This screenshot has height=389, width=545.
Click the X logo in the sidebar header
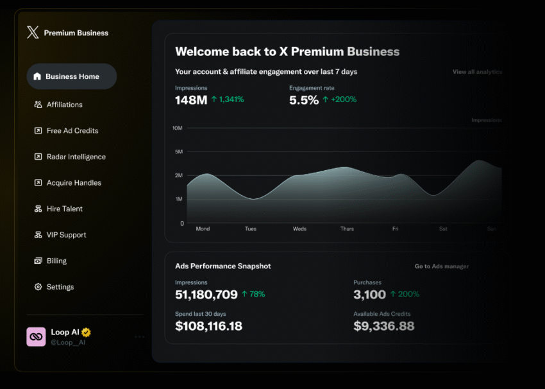click(x=33, y=33)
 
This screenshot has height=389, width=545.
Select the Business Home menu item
click(x=72, y=76)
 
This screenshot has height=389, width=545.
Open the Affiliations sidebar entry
click(x=64, y=105)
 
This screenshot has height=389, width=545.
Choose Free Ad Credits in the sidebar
click(x=72, y=131)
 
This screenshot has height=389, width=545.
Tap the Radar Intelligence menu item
click(x=76, y=157)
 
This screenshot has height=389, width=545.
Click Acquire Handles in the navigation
click(x=74, y=183)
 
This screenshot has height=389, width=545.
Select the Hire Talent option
click(x=64, y=209)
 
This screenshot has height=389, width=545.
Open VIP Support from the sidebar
click(x=66, y=235)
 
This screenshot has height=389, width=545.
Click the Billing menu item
click(x=56, y=261)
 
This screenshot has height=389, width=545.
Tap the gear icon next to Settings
click(x=38, y=287)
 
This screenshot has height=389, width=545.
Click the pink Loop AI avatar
click(x=36, y=337)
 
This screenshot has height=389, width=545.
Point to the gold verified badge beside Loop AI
click(x=86, y=333)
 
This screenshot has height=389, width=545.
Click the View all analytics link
click(x=477, y=72)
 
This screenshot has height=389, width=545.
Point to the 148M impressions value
click(x=191, y=100)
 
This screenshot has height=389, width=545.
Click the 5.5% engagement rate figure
click(x=304, y=100)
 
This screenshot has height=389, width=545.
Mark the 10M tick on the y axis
click(x=178, y=128)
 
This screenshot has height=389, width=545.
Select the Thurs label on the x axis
click(x=347, y=229)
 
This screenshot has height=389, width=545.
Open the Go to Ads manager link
click(x=442, y=266)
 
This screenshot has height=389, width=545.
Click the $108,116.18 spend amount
click(x=209, y=326)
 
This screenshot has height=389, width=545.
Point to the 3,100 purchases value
click(x=370, y=295)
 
